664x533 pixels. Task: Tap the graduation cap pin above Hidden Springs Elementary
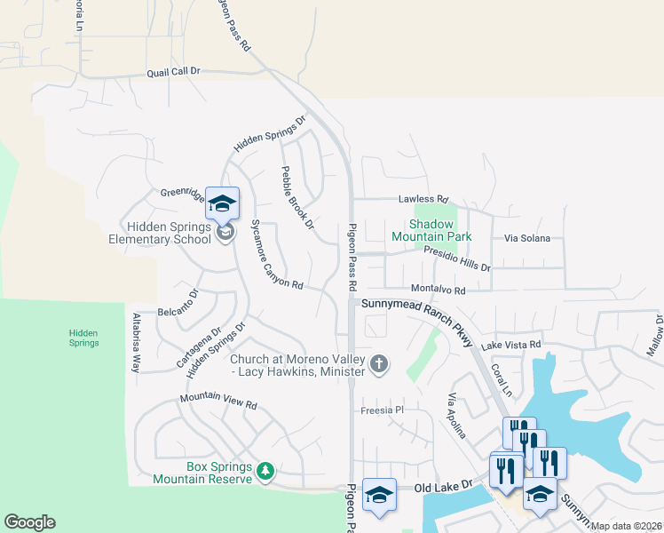222,203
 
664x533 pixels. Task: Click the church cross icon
379,362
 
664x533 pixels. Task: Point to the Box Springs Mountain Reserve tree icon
265,469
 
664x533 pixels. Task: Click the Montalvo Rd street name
438,290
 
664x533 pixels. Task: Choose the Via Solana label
526,238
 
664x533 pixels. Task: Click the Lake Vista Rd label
510,345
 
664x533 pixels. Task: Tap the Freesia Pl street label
382,410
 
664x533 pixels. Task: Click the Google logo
29,522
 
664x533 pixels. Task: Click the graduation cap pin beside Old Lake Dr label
379,495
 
